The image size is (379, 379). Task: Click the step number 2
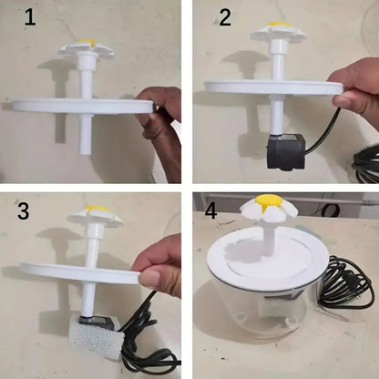(223, 18)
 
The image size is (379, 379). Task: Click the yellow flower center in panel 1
(85, 42)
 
